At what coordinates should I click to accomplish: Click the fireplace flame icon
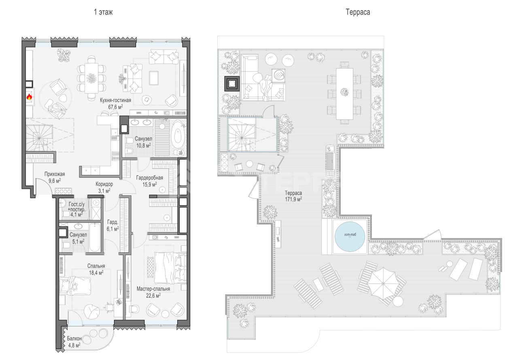tap(29, 96)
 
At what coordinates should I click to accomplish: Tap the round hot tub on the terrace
tap(350, 236)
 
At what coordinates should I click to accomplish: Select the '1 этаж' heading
tap(103, 12)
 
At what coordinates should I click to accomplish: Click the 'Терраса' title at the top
tap(358, 12)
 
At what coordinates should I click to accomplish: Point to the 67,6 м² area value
tap(115, 107)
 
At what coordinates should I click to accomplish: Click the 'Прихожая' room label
tap(55, 174)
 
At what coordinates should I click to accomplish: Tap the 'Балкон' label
tap(74, 339)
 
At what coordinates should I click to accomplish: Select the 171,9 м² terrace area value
tap(293, 199)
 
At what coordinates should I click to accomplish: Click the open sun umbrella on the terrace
tap(383, 283)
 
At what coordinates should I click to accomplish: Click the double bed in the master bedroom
tap(170, 268)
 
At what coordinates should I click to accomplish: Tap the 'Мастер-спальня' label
tap(153, 289)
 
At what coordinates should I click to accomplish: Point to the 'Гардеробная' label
tap(149, 178)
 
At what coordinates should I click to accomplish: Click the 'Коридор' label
tap(104, 184)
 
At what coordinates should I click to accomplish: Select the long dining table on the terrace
tap(344, 94)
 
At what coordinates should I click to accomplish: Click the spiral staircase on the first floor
tap(39, 138)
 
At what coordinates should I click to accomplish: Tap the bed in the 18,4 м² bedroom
tap(75, 286)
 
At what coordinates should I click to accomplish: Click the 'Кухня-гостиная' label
tap(115, 100)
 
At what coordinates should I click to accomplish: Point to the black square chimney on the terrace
tap(232, 83)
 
